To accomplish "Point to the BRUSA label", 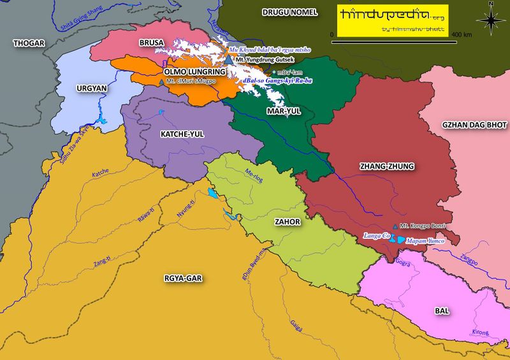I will (x=152, y=43).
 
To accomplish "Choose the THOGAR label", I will (x=27, y=43).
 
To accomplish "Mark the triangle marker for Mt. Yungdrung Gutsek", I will (x=229, y=59).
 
